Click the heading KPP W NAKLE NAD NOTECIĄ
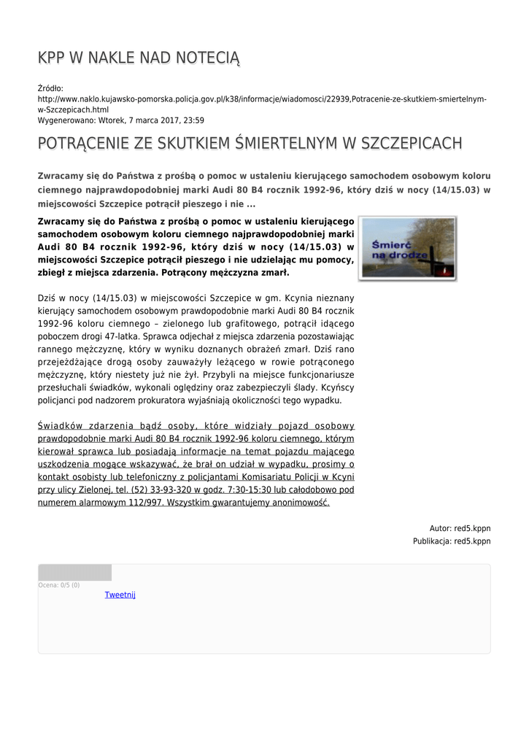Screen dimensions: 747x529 coord(138,58)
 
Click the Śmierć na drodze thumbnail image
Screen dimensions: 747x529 coord(407,248)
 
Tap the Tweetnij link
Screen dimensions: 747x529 coord(120,595)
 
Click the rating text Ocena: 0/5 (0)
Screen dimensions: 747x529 coord(59,585)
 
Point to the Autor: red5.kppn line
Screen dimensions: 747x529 coord(460,528)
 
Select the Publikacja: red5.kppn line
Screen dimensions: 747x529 coord(452,541)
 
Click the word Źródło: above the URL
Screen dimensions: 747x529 coord(50,89)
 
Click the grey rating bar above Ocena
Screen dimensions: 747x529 coord(74,573)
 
